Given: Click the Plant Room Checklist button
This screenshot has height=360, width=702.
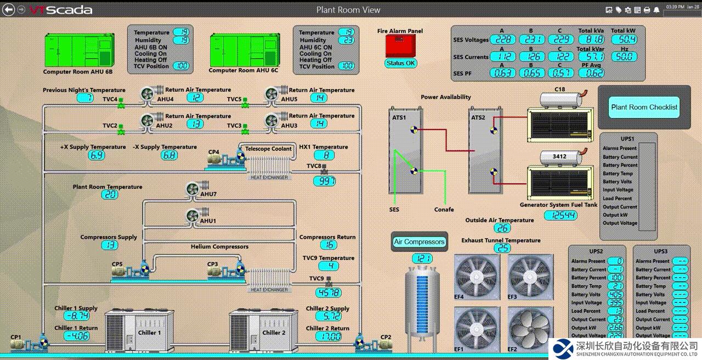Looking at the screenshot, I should point(644,108).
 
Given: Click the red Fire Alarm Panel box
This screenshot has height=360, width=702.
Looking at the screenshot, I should point(400,46).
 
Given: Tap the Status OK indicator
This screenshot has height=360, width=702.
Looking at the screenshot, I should point(401,63).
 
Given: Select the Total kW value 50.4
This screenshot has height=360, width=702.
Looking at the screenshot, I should point(624,40).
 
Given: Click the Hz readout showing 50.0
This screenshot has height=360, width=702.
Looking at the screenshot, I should point(624,57).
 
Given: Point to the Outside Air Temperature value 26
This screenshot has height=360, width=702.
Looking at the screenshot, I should point(502,228).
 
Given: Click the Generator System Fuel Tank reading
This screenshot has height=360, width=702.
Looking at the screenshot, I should point(560,216).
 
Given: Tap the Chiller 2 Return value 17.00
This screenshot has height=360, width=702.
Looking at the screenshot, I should point(328,336).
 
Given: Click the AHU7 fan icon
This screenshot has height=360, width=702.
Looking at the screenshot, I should point(193,189).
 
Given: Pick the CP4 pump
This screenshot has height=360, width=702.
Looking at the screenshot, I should point(225,159).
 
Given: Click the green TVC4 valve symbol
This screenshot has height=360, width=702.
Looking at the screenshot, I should point(122,102).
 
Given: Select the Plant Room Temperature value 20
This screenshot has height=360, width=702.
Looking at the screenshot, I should point(110,195).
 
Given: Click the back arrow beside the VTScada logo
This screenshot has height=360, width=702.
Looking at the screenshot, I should point(9,10).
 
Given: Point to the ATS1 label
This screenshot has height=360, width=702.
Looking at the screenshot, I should point(399,117).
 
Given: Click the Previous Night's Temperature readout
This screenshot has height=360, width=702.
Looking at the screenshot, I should point(84,98).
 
